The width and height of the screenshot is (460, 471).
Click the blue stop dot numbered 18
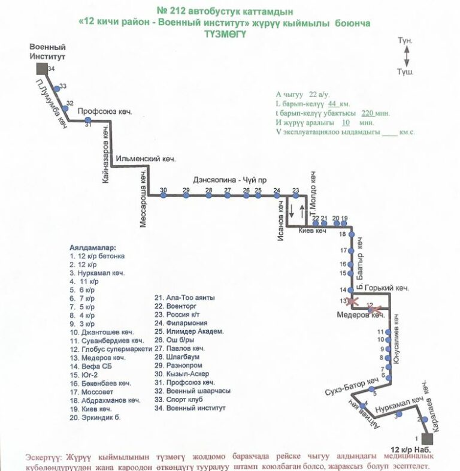pyautogui.click(x=352, y=234)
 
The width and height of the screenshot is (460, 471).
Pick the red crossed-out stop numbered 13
pyautogui.click(x=353, y=300)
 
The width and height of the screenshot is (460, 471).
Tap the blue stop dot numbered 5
pyautogui.click(x=375, y=388)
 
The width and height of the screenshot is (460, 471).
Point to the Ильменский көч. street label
pyautogui.click(x=145, y=159)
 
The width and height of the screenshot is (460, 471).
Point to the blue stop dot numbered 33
pyautogui.click(x=57, y=89)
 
